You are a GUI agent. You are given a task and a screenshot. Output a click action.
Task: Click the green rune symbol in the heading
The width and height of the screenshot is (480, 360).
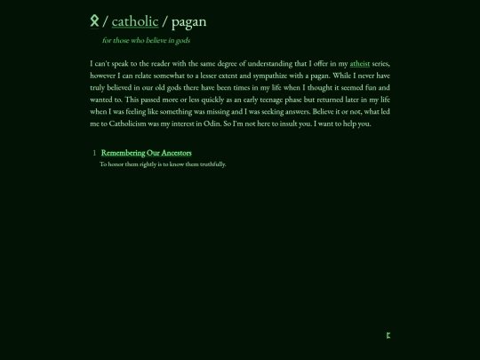[x=94, y=20]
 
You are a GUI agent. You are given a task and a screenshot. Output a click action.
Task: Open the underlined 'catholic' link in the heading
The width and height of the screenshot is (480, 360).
[x=135, y=20]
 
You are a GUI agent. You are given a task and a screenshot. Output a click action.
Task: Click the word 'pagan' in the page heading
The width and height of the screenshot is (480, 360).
[x=188, y=20]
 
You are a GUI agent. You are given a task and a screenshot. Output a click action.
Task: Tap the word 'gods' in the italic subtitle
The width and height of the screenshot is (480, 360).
[x=181, y=40]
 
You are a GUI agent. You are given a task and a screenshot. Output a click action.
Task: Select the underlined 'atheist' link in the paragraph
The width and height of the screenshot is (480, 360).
[x=360, y=64]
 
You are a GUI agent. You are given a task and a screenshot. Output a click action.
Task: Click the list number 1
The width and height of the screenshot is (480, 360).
[x=94, y=153]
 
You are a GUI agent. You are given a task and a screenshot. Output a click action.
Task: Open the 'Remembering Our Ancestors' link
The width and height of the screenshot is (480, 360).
[x=146, y=153]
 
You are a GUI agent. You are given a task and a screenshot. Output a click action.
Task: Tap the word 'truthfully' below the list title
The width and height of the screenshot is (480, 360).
[x=212, y=164]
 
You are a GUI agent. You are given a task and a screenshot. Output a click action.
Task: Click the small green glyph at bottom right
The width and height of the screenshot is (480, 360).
[x=388, y=335]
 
